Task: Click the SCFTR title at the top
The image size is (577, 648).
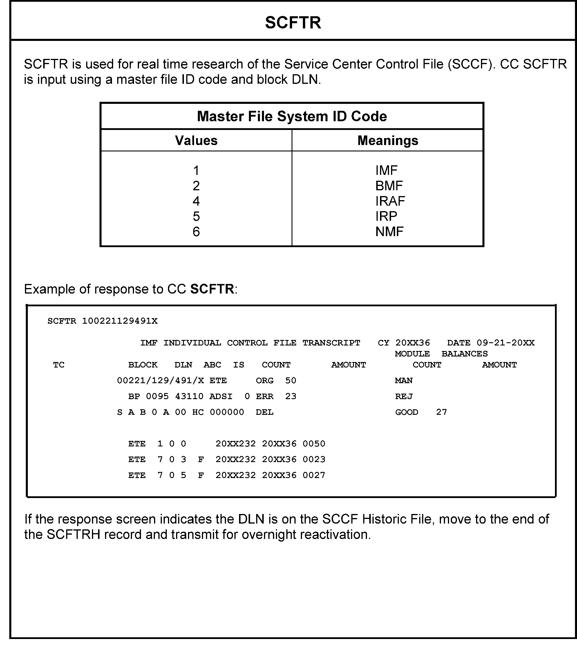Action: coord(293,23)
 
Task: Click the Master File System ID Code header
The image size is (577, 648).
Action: coord(292,116)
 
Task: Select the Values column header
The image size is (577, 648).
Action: coord(196,140)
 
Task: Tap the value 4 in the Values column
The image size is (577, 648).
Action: coord(196,201)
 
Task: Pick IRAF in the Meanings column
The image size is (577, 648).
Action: coord(390,201)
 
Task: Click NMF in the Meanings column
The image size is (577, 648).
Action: coord(389,232)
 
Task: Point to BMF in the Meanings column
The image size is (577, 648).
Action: coord(389,186)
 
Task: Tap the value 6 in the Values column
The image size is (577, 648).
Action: coord(196,232)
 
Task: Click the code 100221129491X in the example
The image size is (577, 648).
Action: coord(120,321)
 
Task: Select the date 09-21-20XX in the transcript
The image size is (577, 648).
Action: coord(505,343)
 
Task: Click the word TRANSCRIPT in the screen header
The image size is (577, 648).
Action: coord(331,343)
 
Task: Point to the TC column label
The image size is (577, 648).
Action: coord(59,365)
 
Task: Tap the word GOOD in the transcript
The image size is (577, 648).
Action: coord(406,412)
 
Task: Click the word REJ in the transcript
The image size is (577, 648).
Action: coord(404,396)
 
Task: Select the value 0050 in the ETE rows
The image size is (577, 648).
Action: coord(314,444)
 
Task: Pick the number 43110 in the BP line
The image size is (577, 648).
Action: coord(189,396)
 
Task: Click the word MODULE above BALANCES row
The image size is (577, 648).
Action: coord(412,354)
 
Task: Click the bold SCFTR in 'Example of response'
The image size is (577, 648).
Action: coord(212,289)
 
